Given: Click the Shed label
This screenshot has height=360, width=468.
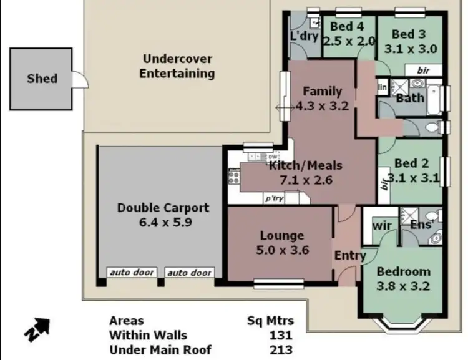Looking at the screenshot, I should point(42,79).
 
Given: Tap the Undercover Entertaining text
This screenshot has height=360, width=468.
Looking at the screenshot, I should point(177,66).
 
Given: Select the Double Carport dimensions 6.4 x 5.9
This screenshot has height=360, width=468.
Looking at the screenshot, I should point(163,223).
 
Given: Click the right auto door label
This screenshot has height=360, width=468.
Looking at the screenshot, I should point(188,273).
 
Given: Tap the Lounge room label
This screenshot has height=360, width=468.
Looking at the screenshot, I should point(281,235).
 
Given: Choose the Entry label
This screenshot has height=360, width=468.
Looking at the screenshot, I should point(349,255).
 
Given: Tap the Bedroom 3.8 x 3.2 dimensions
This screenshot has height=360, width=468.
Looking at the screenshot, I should point(403,287).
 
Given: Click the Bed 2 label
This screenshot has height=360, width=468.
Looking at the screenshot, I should point(411,163).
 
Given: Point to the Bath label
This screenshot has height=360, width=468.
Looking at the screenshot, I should point(409,98).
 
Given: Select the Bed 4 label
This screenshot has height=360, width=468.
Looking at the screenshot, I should point(347,26).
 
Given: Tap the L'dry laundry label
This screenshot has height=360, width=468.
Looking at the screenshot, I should point(305,36).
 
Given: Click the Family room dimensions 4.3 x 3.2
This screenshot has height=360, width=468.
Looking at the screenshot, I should point(321,106).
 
